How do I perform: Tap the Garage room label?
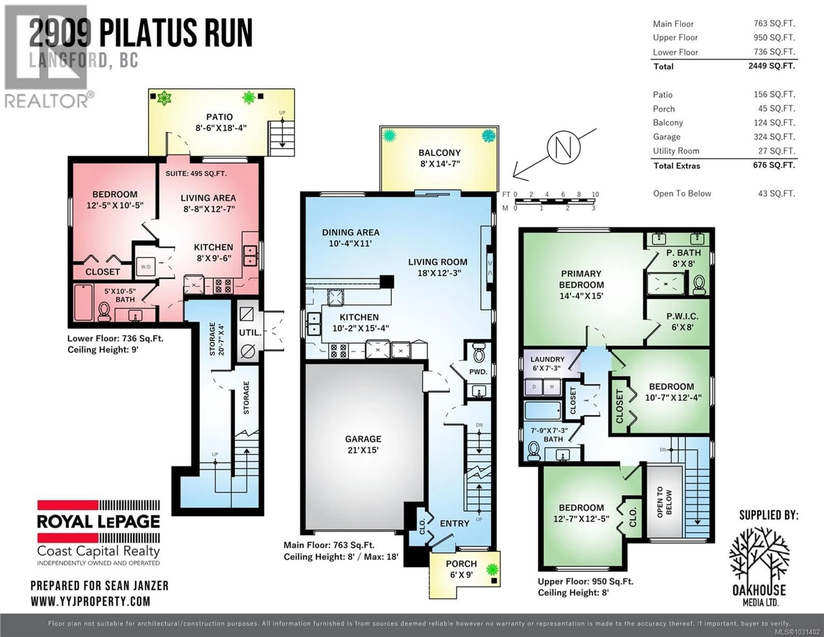pos(363,439)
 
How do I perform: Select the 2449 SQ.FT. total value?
pos(772,66)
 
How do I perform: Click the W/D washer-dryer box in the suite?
pos(146,267)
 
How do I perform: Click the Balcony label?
pos(439,153)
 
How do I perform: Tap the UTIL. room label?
pos(250,333)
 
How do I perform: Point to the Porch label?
pos(461,564)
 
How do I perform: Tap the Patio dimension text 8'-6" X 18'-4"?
pos(221,128)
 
